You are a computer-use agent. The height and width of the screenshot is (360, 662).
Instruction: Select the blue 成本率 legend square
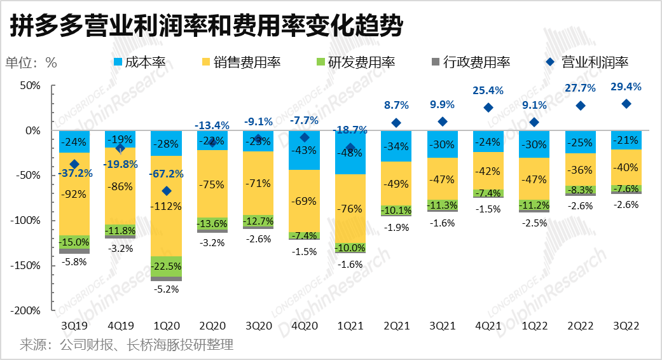pyautogui.click(x=118, y=62)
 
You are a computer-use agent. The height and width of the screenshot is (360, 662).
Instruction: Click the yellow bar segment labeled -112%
pyautogui.click(x=167, y=206)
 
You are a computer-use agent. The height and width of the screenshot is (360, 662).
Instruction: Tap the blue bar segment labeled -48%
pyautogui.click(x=350, y=153)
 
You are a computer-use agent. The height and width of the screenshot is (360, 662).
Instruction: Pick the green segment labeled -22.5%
pyautogui.click(x=167, y=267)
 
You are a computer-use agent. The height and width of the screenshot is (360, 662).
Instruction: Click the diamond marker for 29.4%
pyautogui.click(x=626, y=104)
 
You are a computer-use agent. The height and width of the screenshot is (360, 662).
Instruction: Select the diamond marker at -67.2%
pyautogui.click(x=167, y=191)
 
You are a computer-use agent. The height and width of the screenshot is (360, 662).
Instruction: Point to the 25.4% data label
pyautogui.click(x=488, y=90)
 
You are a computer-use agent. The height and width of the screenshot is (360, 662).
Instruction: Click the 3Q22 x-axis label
pyautogui.click(x=626, y=325)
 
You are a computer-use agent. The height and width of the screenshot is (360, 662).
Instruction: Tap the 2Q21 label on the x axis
pyautogui.click(x=396, y=325)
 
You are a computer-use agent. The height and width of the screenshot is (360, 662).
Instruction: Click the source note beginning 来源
pyautogui.click(x=127, y=345)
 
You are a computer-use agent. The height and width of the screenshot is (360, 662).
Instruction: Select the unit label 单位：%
pyautogui.click(x=32, y=62)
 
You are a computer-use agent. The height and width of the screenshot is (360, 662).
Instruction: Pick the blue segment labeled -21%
pyautogui.click(x=626, y=140)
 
